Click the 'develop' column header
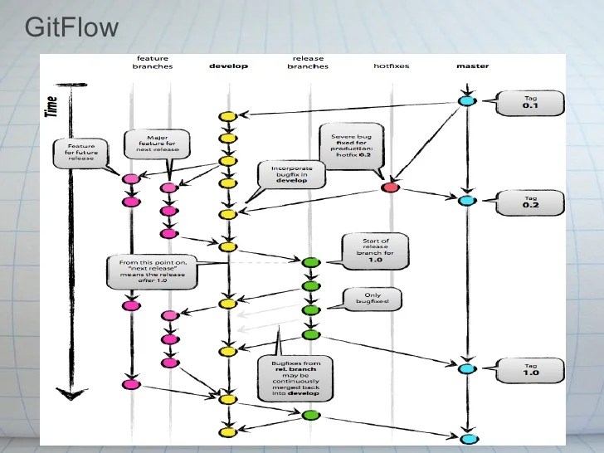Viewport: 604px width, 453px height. (228, 66)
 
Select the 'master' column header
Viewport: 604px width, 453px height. (472, 66)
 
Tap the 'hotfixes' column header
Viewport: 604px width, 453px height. (392, 66)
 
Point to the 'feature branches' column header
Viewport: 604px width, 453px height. (152, 61)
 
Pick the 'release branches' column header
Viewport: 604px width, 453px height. (308, 61)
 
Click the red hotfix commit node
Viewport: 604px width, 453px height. (390, 188)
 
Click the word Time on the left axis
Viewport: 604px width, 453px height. (52, 106)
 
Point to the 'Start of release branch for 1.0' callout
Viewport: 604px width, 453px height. (371, 249)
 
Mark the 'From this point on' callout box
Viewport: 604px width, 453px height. (153, 272)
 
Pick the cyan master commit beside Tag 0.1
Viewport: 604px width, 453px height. (466, 102)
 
